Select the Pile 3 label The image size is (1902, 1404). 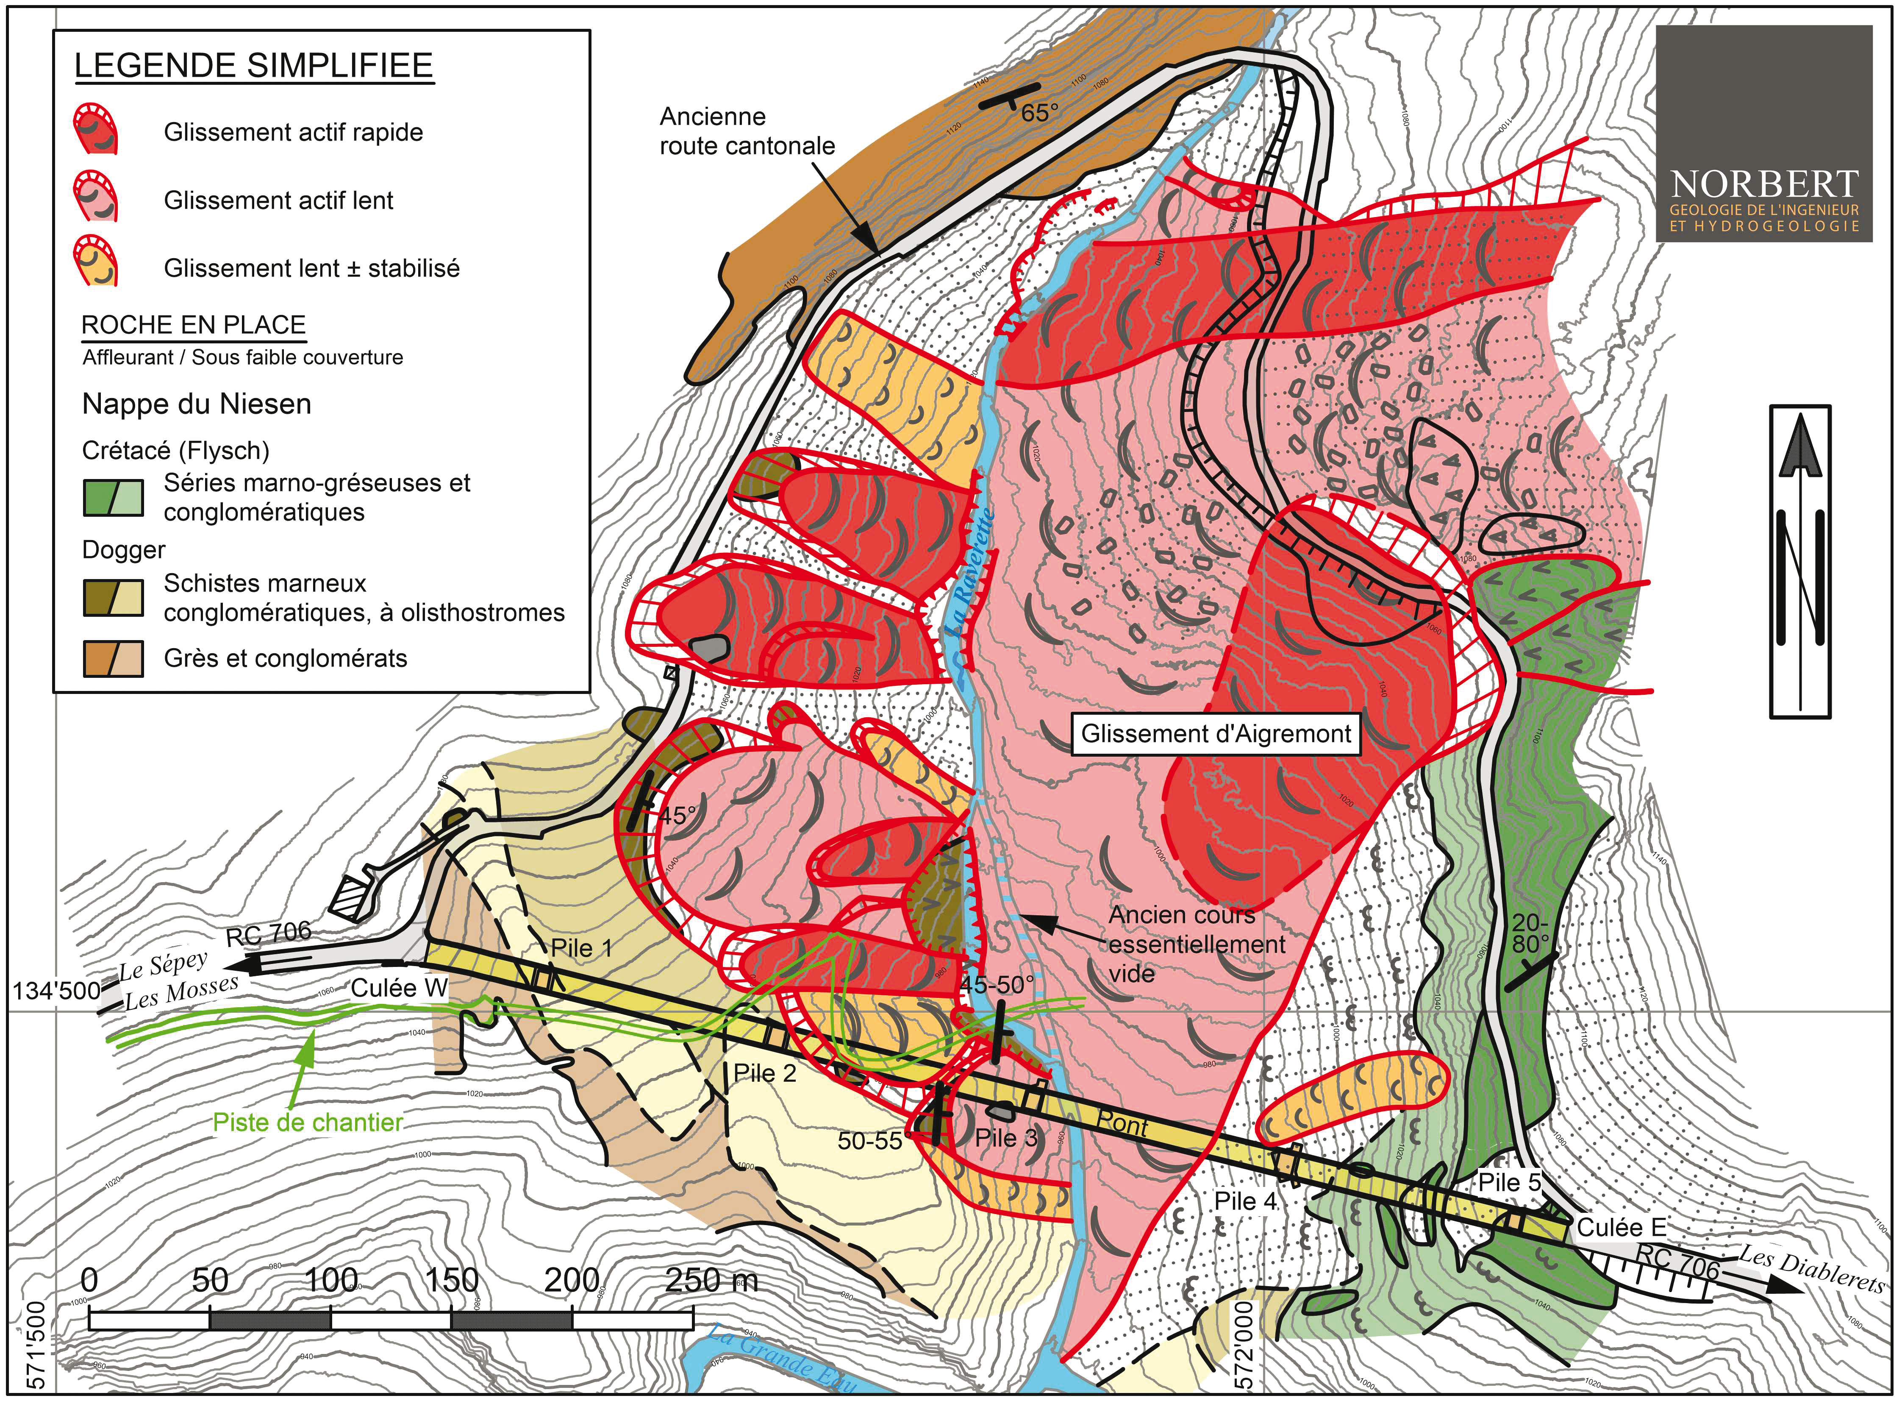coord(1007,1138)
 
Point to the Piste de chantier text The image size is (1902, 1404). coord(308,1123)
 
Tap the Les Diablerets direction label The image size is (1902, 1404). coord(1812,1267)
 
